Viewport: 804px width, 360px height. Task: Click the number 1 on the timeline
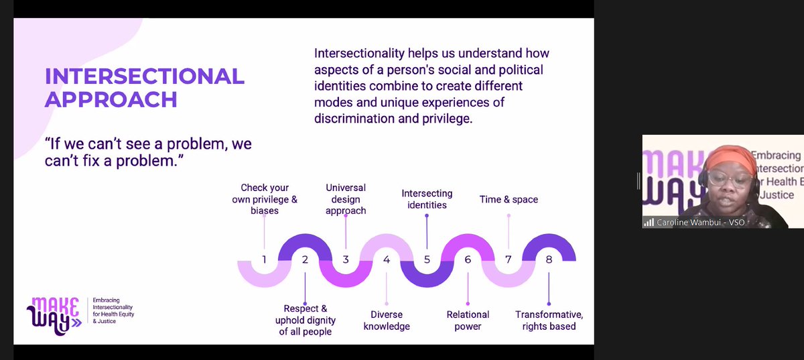pyautogui.click(x=264, y=259)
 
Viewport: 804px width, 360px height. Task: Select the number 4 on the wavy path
pyautogui.click(x=386, y=259)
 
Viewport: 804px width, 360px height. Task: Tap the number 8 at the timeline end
pyautogui.click(x=549, y=259)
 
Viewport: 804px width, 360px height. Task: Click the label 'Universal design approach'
pyautogui.click(x=346, y=199)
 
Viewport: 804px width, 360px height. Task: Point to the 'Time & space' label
pyautogui.click(x=509, y=199)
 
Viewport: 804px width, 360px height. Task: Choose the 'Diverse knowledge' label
pyautogui.click(x=387, y=320)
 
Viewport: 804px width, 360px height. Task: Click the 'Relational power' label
pyautogui.click(x=468, y=320)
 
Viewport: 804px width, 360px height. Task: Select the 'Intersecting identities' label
pyautogui.click(x=427, y=199)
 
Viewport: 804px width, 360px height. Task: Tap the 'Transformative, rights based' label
pyautogui.click(x=549, y=320)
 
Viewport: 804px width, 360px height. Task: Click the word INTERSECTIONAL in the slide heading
pyautogui.click(x=144, y=76)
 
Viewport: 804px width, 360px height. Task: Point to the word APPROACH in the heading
pyautogui.click(x=111, y=99)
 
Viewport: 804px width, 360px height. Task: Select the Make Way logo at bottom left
pyautogui.click(x=54, y=316)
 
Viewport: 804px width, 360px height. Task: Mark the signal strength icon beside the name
pyautogui.click(x=649, y=223)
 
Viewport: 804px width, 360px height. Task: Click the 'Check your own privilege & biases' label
pyautogui.click(x=264, y=199)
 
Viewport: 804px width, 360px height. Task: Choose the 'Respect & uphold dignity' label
pyautogui.click(x=306, y=320)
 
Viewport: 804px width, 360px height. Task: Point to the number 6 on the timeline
pyautogui.click(x=468, y=259)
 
